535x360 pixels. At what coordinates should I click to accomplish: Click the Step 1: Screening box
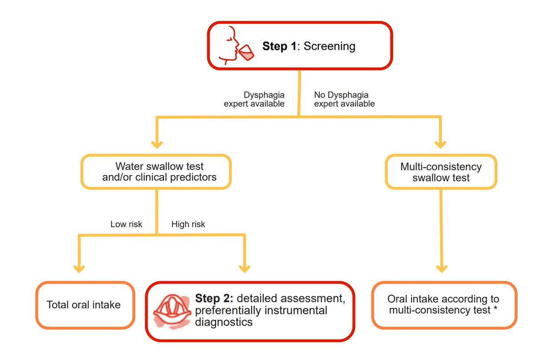pos(300,46)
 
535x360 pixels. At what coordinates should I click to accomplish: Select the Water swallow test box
pos(156,172)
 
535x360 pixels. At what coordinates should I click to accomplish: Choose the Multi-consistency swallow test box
pos(440,172)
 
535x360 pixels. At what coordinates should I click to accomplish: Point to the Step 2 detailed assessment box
pos(250,310)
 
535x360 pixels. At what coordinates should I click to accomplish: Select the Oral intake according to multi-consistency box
pos(444,305)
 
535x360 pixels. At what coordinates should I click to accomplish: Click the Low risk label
pos(126,224)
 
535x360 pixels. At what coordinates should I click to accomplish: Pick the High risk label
pos(188,224)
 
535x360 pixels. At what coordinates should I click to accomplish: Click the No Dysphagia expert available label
pos(344,99)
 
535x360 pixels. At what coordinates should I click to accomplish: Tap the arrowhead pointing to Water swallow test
pos(156,144)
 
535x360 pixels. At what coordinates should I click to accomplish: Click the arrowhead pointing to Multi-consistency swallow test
pos(440,144)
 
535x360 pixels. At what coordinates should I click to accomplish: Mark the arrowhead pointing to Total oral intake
pos(79,268)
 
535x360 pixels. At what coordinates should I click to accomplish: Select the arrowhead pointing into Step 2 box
pos(244,268)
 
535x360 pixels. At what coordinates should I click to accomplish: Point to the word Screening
pos(329,46)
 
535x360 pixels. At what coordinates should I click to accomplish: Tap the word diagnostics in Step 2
pos(224,322)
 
